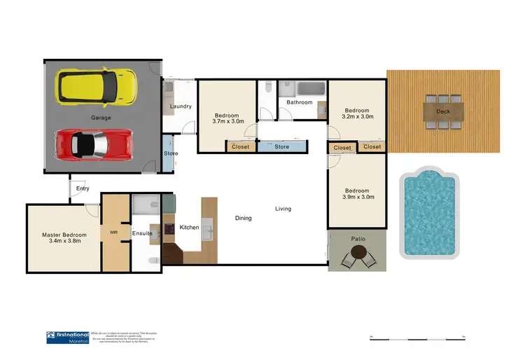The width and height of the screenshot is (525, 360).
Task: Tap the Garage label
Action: click(x=100, y=118)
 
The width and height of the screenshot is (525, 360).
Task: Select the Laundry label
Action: click(x=181, y=106)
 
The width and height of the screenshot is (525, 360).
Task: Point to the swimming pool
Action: click(x=428, y=212)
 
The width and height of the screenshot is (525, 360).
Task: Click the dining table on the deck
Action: click(x=443, y=111)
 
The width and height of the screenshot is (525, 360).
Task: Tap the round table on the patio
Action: click(x=358, y=258)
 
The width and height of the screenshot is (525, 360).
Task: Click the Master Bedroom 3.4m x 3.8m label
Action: click(x=64, y=237)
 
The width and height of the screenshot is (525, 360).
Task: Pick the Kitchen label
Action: click(x=190, y=228)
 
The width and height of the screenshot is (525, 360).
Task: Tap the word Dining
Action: click(x=243, y=218)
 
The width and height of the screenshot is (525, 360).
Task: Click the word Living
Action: click(x=283, y=209)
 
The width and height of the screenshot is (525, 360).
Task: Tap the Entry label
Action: click(x=83, y=188)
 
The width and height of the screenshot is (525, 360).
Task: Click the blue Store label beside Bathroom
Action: click(x=281, y=147)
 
